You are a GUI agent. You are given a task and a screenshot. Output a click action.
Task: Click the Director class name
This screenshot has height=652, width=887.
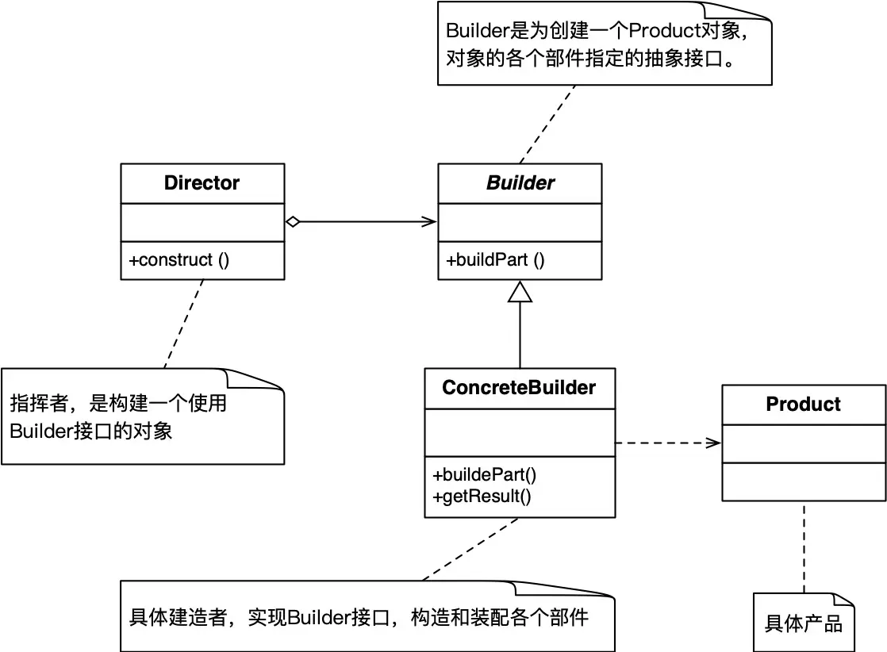(202, 183)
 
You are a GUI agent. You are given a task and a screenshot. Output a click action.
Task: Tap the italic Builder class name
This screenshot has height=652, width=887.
(520, 183)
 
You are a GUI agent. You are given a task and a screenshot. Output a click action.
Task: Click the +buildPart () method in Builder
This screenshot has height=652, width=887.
(495, 260)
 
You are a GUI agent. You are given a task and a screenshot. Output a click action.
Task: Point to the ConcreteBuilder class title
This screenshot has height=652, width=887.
(519, 388)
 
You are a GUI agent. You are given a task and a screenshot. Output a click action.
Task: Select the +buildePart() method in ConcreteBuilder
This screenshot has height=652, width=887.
(485, 475)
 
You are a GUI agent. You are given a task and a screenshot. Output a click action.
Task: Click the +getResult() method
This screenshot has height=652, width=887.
(482, 497)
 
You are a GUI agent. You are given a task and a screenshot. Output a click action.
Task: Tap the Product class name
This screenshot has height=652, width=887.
(803, 404)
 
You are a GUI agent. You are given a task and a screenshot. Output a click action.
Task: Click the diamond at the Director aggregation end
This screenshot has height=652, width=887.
(293, 222)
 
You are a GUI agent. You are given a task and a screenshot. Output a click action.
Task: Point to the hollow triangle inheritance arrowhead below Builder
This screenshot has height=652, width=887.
(520, 292)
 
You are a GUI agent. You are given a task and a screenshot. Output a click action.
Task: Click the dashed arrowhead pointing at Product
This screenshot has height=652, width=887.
(715, 443)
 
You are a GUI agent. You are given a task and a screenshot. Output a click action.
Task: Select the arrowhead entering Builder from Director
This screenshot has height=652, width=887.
(431, 222)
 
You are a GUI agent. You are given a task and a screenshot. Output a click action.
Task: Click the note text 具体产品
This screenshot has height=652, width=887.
(803, 623)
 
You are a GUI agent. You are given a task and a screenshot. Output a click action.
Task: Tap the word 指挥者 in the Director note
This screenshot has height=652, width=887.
(37, 404)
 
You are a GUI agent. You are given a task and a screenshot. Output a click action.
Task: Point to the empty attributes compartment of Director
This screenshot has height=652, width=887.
(202, 222)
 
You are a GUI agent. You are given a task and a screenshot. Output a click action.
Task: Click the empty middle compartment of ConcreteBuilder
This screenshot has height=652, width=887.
(519, 433)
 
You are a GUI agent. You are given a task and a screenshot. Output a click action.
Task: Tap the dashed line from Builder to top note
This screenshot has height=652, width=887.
(547, 123)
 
